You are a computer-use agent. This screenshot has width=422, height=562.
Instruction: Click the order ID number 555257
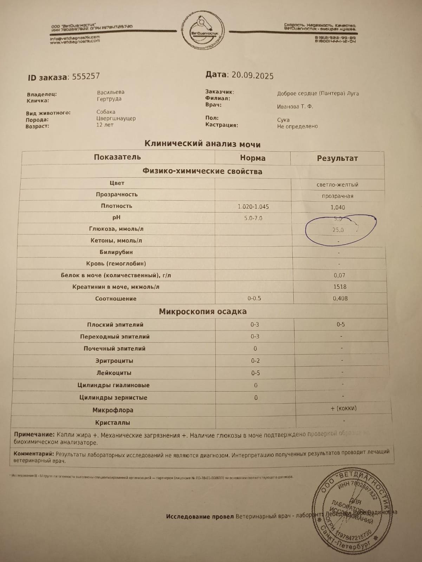[86, 76]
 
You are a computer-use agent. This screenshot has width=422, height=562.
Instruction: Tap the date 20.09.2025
[253, 76]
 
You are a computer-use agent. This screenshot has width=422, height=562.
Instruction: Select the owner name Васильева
[111, 92]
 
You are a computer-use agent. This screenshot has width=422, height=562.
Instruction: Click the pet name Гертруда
[109, 99]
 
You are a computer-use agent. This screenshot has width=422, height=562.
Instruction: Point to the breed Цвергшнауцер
[116, 118]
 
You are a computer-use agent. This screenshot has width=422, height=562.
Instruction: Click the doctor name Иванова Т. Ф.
[295, 106]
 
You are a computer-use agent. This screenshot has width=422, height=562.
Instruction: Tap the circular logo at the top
[203, 32]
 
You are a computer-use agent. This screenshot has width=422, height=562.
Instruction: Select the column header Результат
[337, 158]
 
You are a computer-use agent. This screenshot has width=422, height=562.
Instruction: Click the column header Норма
[253, 158]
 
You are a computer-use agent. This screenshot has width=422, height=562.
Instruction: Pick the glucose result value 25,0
[338, 230]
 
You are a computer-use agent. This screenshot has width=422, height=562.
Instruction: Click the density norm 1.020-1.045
[253, 207]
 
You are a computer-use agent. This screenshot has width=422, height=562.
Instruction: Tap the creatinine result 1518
[340, 287]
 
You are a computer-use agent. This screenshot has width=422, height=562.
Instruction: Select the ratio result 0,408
[340, 298]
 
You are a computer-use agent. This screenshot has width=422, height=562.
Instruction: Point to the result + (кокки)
[343, 408]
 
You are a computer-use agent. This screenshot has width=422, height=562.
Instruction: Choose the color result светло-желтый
[337, 184]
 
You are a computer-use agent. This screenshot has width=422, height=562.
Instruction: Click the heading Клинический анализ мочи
[202, 144]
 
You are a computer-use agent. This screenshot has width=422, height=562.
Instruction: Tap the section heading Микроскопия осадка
[203, 312]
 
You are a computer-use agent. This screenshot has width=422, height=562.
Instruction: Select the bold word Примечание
[34, 435]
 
